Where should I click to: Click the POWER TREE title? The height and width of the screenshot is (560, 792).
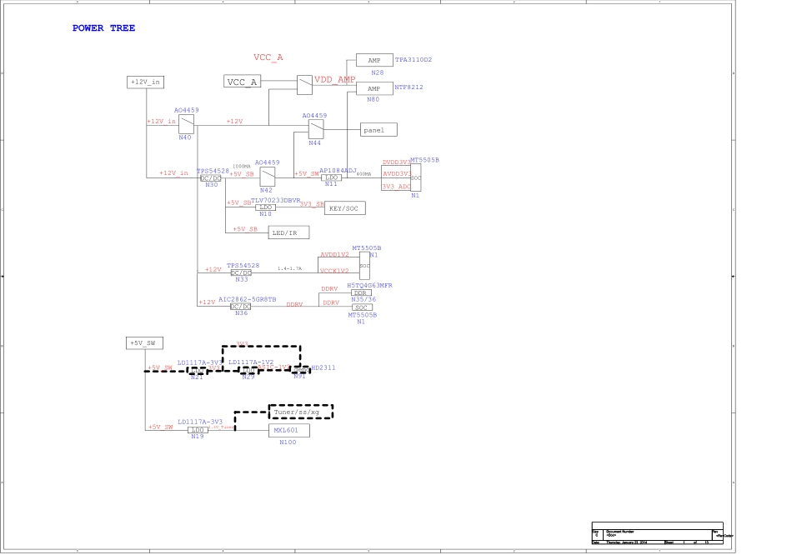click(x=103, y=28)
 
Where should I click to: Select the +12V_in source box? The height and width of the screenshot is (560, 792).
click(x=145, y=82)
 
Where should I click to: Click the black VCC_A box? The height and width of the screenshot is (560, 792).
click(x=243, y=81)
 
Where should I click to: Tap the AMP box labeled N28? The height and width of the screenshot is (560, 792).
click(x=374, y=60)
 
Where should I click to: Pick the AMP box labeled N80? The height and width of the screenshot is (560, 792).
click(x=374, y=88)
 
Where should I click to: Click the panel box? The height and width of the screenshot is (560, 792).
click(x=378, y=130)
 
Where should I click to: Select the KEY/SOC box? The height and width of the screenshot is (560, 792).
click(x=344, y=208)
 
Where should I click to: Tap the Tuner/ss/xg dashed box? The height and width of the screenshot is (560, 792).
click(x=299, y=412)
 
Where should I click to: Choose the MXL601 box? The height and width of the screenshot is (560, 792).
click(x=288, y=431)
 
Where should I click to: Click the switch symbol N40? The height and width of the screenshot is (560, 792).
click(x=186, y=123)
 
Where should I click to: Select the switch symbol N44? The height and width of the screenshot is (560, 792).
click(x=314, y=129)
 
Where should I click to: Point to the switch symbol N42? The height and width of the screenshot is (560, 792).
click(x=268, y=177)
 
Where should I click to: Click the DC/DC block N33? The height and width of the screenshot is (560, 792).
click(x=241, y=273)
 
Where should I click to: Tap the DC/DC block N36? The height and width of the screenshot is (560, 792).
click(x=241, y=306)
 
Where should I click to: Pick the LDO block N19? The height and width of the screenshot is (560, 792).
click(x=198, y=430)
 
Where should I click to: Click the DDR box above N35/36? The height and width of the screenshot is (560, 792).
click(x=361, y=292)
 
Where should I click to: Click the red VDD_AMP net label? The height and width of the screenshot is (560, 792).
click(x=334, y=79)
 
